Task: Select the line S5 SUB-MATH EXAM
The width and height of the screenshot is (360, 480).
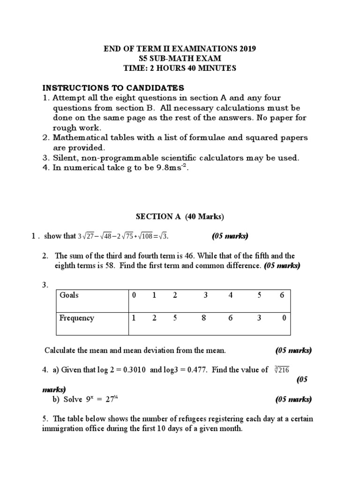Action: click(180, 59)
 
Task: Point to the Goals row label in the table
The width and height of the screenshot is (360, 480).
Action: click(69, 295)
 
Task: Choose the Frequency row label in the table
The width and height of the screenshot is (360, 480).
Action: click(76, 318)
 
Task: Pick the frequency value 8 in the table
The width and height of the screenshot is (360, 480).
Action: click(204, 318)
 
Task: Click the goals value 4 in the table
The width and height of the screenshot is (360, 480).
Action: click(230, 295)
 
